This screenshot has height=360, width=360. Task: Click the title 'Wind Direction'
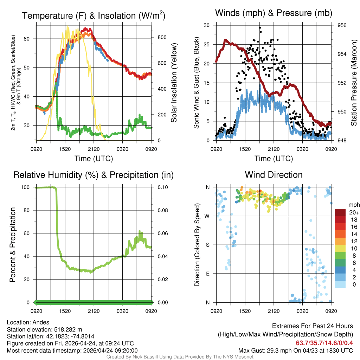tap(274, 175)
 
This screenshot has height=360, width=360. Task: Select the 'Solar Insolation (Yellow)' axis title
tap(174, 83)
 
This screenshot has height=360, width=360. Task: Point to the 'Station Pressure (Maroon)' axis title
tap(354, 83)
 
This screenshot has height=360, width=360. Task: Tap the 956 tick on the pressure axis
tap(342, 25)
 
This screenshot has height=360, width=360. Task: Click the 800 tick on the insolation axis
tap(159, 37)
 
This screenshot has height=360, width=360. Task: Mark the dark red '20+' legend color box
tap(341, 212)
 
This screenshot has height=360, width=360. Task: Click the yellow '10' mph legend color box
tap(341, 248)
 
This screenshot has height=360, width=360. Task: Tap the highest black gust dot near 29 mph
tap(260, 27)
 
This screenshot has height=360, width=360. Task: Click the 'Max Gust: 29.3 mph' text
tap(263, 350)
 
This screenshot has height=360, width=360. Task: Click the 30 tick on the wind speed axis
tap(207, 25)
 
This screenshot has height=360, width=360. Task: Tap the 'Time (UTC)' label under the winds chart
tap(274, 159)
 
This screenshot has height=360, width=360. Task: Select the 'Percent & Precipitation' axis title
tap(13, 245)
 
